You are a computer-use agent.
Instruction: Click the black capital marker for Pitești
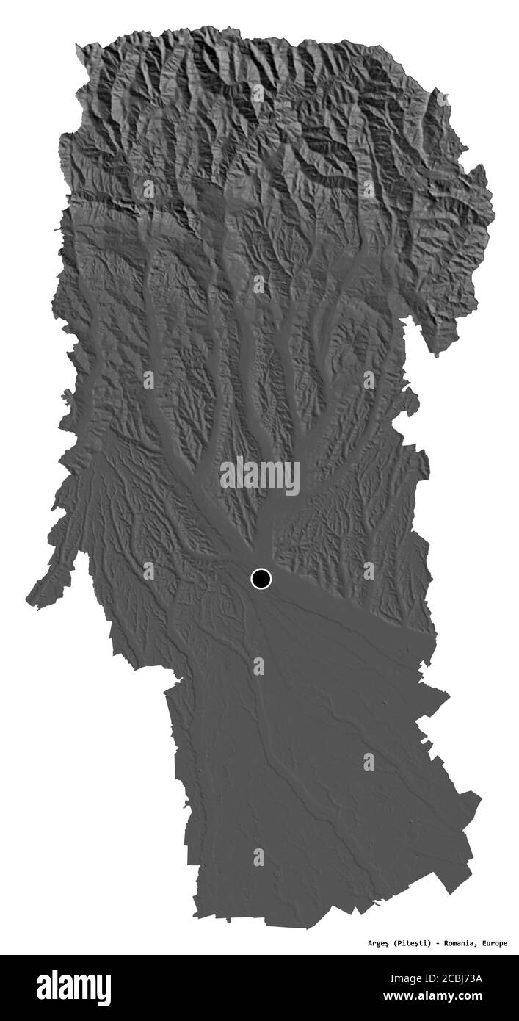tap(261, 579)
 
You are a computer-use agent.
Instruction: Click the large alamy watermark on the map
tap(260, 475)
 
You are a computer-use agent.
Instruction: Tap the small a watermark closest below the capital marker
tap(258, 666)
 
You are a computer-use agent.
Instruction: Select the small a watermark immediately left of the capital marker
tap(149, 571)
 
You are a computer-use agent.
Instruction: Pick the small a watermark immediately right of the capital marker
tap(369, 571)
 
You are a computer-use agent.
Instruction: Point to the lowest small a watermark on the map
tap(258, 857)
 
